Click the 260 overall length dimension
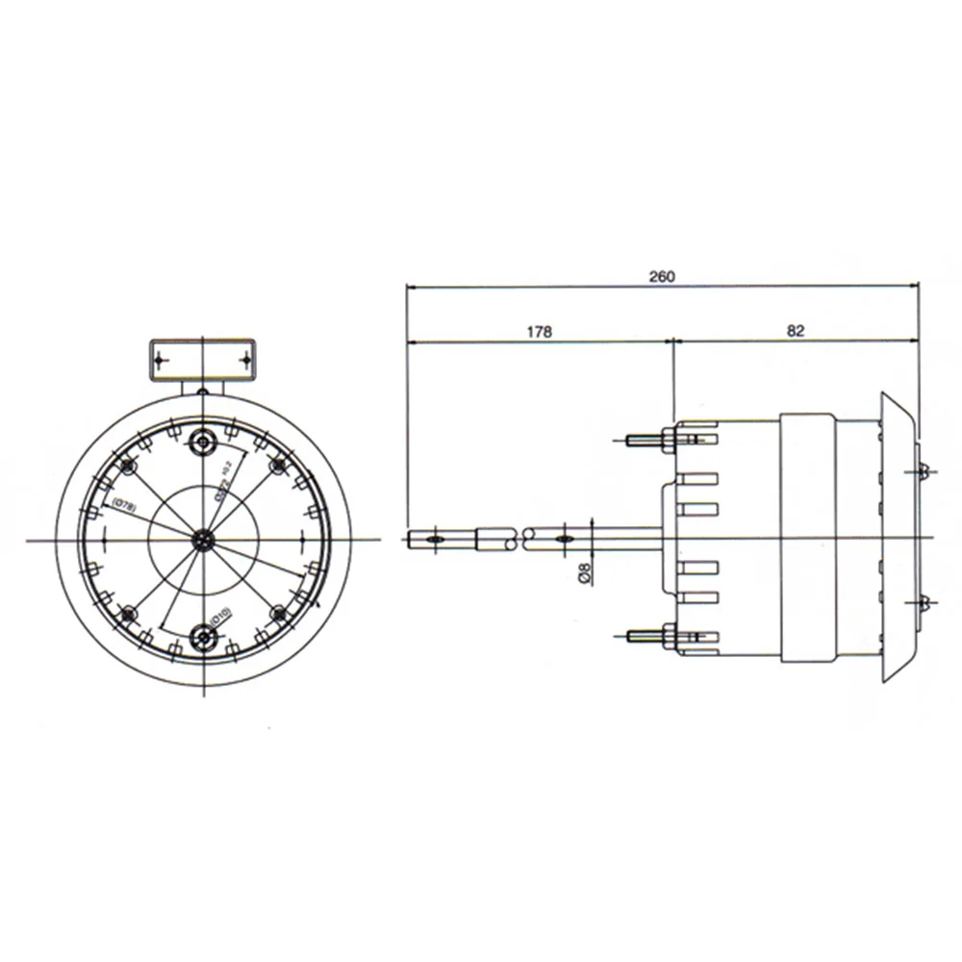click(x=662, y=277)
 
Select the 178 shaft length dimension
click(x=539, y=332)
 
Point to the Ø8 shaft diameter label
click(x=584, y=575)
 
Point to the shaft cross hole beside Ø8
click(x=564, y=540)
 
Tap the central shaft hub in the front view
click(x=203, y=540)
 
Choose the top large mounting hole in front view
click(x=203, y=442)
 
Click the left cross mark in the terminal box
click(x=160, y=360)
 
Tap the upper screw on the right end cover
click(x=923, y=470)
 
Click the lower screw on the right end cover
click(x=923, y=603)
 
